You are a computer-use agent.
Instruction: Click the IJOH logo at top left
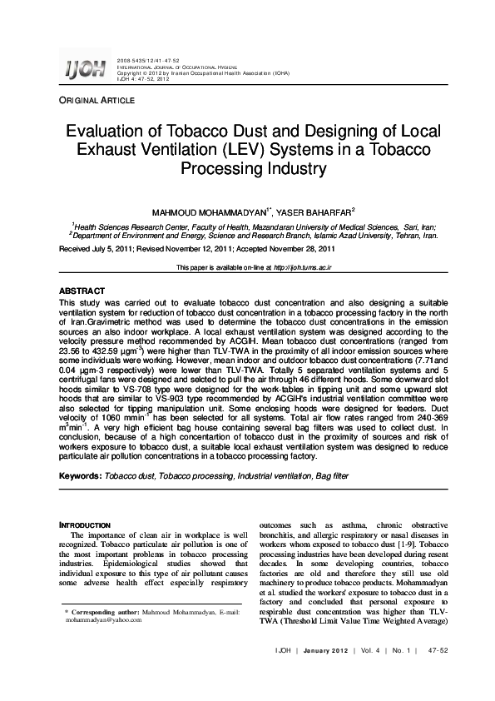(x=84, y=70)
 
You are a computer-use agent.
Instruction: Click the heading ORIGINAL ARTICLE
(x=96, y=101)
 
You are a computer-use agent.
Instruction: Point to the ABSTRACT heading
(x=82, y=292)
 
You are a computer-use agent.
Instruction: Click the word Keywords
(x=78, y=475)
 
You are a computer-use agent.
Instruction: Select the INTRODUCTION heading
(x=86, y=526)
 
